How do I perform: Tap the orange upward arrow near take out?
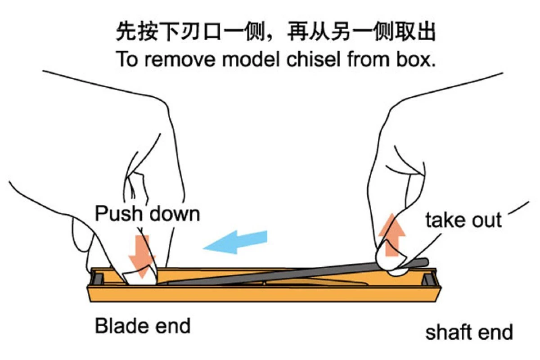point(392,235)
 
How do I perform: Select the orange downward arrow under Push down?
point(142,257)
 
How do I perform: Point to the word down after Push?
point(175,213)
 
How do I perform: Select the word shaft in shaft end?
point(448,332)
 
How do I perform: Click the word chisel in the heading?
point(314,59)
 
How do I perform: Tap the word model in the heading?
point(251,59)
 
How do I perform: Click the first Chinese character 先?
point(126,31)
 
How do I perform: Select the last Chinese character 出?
point(426,31)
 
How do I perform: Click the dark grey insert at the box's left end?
point(98,278)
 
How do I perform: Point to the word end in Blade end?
point(173,325)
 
